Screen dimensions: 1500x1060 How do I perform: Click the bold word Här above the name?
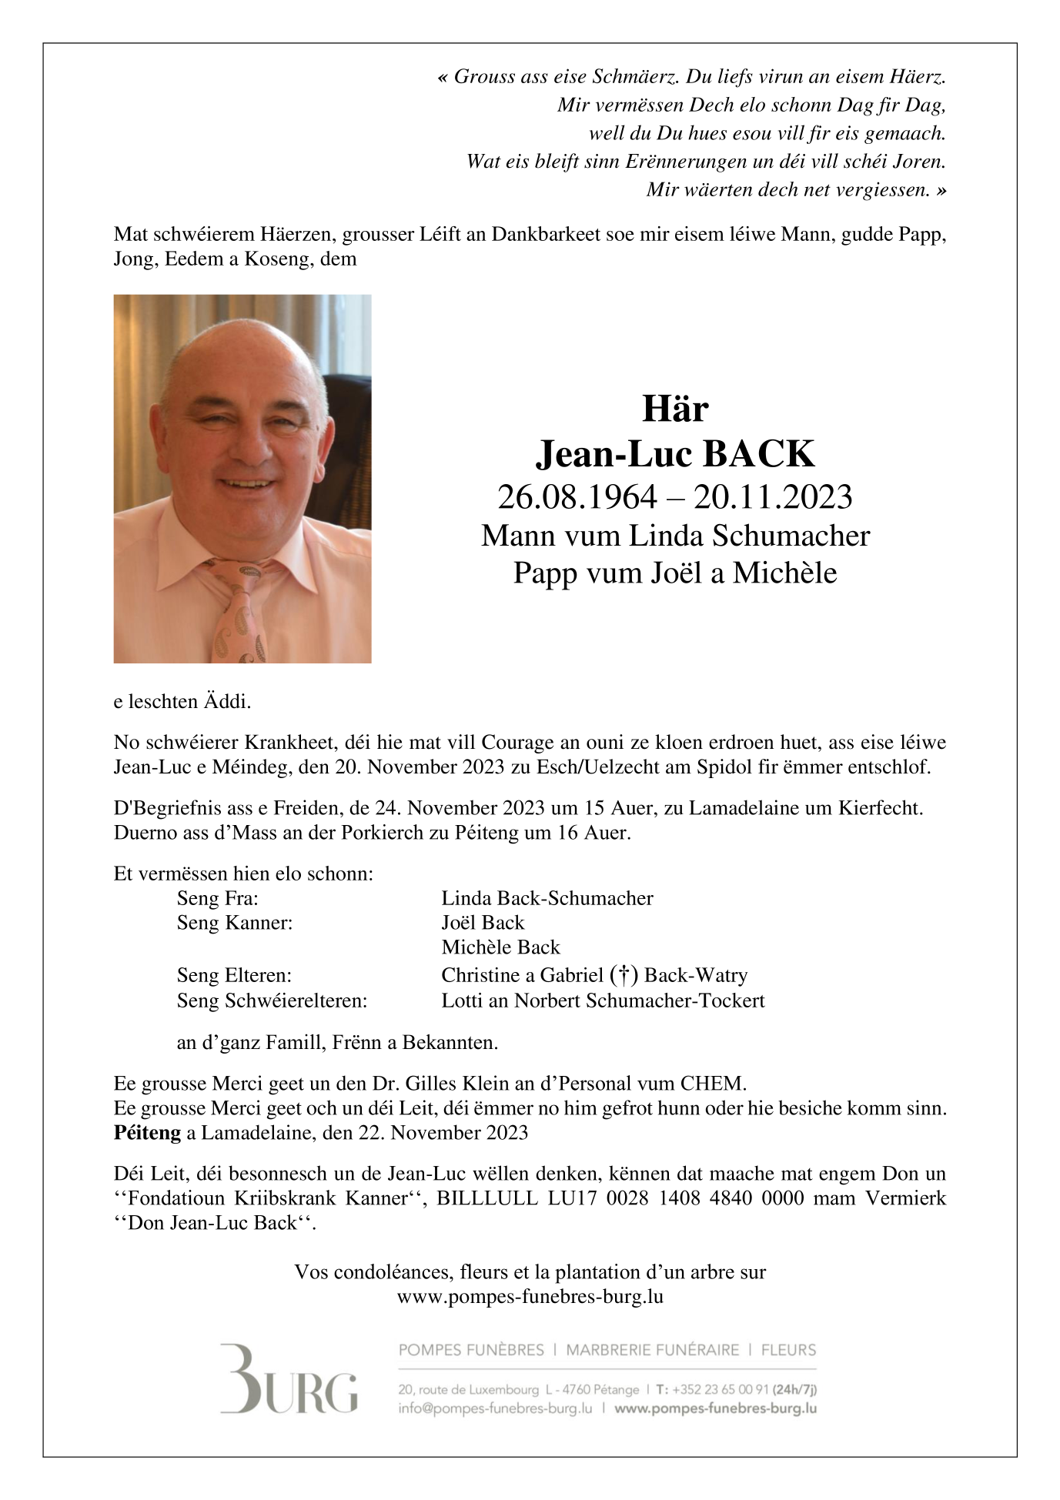tap(675, 409)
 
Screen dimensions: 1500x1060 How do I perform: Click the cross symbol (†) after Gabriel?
tap(623, 975)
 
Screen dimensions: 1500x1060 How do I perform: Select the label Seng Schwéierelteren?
tap(272, 1001)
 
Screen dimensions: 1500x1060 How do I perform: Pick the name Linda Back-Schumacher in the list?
tap(547, 898)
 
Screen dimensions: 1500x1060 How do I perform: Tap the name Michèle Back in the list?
tap(500, 947)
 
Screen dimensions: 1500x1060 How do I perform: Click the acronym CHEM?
tap(712, 1084)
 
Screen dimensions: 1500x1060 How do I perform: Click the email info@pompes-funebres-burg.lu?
tap(495, 1408)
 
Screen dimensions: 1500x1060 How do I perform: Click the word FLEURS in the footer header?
tap(788, 1350)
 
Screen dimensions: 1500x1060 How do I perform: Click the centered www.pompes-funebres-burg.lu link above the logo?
tap(530, 1297)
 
